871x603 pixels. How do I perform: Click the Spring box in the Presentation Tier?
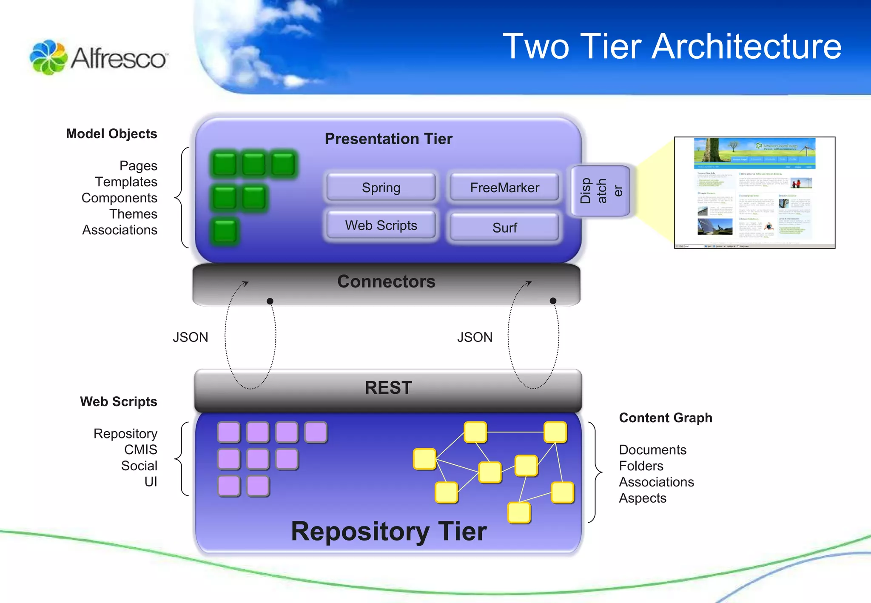[381, 188]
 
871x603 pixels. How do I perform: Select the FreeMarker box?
[504, 188]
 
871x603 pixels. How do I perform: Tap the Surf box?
[504, 228]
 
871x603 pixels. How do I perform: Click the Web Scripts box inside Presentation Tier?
[381, 225]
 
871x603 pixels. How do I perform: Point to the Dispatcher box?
[600, 191]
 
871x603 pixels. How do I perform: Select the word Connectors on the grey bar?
[386, 282]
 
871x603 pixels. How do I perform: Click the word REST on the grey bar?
[388, 388]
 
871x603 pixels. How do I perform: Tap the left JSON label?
[190, 337]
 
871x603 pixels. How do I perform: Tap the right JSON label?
[475, 337]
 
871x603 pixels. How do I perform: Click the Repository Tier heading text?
[389, 532]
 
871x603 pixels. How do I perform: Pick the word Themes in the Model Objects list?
[133, 214]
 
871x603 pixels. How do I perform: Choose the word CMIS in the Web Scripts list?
[140, 449]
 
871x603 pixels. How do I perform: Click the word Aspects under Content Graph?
[642, 498]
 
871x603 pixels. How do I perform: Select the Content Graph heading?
[665, 418]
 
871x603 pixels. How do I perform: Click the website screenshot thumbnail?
[754, 193]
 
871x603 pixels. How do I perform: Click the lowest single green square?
[225, 231]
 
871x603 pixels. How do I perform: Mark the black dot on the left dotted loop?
[270, 301]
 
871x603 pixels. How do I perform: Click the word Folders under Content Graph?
[641, 466]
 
